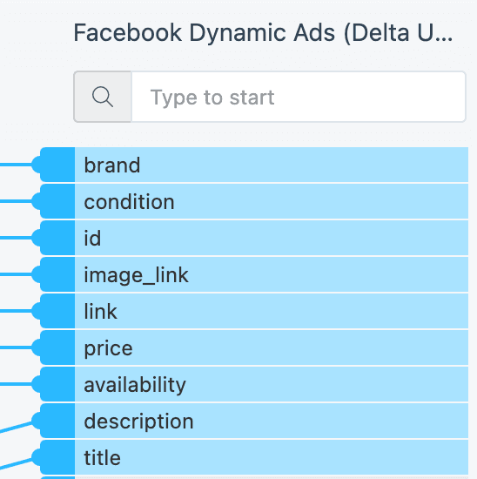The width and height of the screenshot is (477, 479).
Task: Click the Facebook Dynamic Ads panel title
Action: [x=263, y=33]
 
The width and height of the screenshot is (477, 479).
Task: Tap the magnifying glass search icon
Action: [x=103, y=97]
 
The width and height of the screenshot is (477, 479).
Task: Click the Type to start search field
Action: [x=299, y=97]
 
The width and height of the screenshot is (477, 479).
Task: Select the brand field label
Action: [x=112, y=165]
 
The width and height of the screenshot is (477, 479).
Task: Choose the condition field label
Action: [x=129, y=202]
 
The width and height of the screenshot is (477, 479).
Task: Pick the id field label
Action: [x=92, y=239]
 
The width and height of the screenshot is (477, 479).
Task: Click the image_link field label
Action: [x=136, y=275]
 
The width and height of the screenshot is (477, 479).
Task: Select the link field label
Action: [x=100, y=311]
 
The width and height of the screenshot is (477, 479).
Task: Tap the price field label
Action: [x=109, y=348]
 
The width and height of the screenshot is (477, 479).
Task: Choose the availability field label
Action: [x=135, y=385]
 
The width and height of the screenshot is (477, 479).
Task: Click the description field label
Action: [x=138, y=422]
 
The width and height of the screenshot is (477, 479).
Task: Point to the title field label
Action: [x=103, y=458]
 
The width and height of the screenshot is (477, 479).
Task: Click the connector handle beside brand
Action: [x=53, y=165]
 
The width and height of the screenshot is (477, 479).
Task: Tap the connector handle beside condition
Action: [x=53, y=201]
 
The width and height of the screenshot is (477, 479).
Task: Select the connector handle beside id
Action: [x=53, y=238]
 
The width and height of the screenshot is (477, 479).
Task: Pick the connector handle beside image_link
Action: [x=53, y=274]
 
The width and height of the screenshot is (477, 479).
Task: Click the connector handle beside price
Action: [x=53, y=347]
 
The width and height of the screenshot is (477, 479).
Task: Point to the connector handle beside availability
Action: [x=53, y=384]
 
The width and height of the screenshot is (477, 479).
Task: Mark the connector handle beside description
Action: [x=53, y=421]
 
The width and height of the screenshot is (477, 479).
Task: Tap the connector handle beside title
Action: [x=53, y=457]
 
